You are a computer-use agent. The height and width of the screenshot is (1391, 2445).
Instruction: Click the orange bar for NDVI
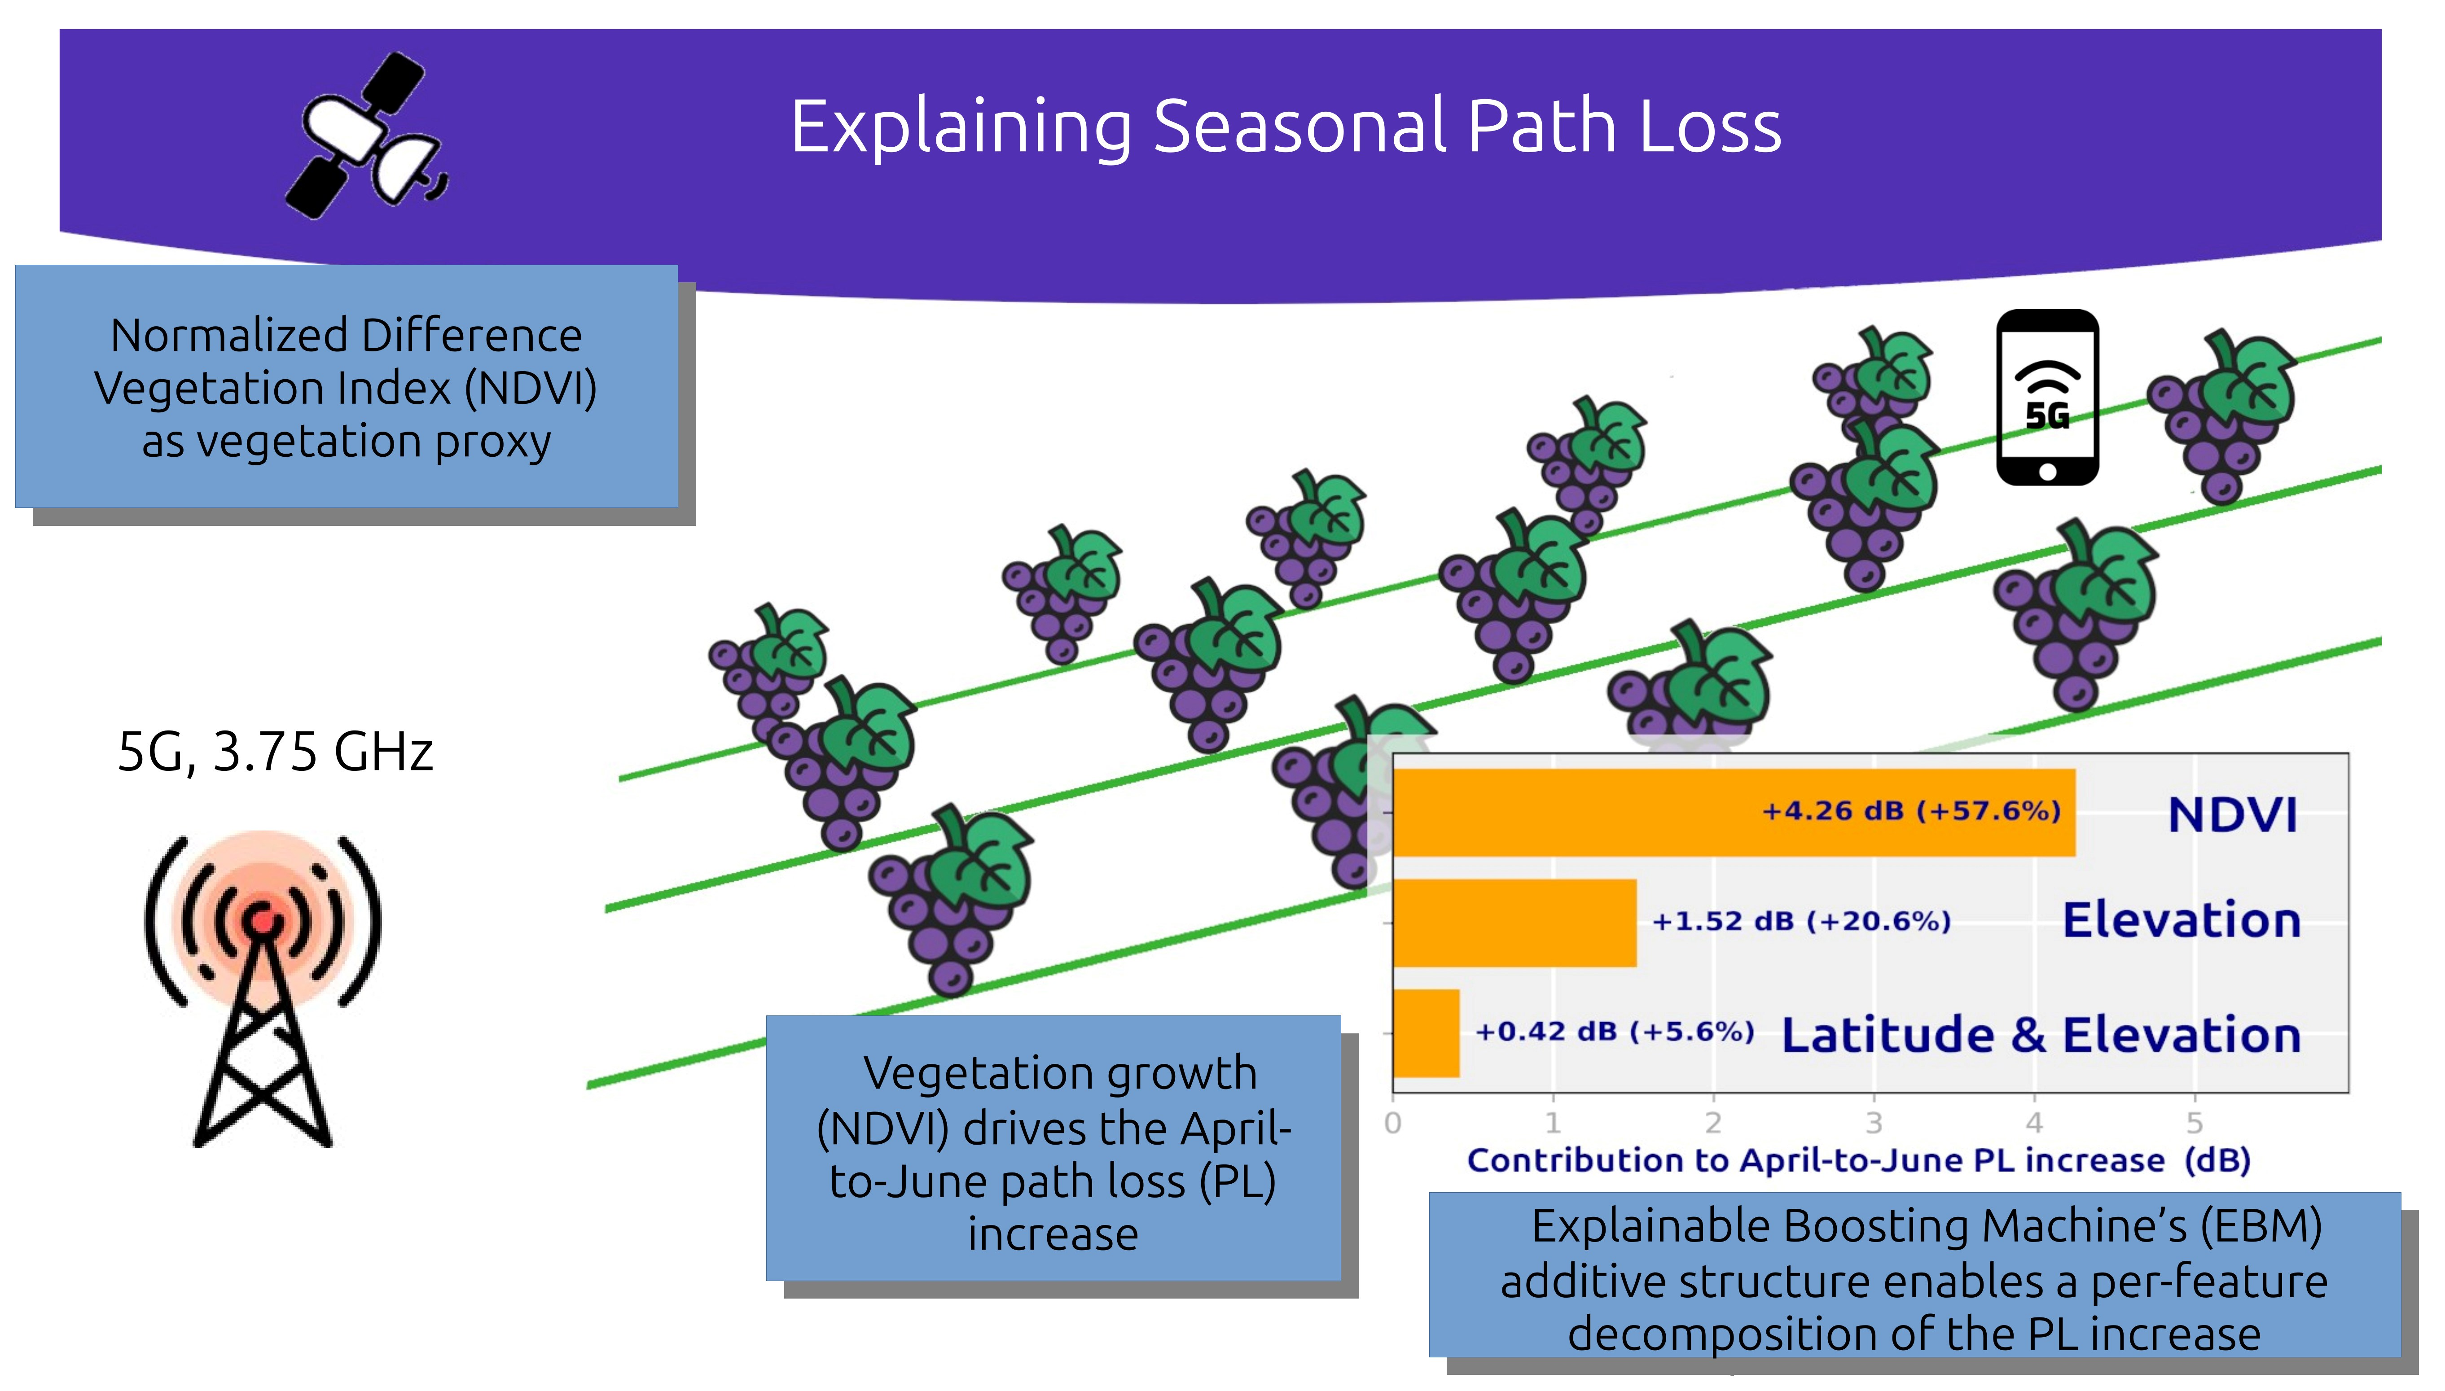pos(1734,812)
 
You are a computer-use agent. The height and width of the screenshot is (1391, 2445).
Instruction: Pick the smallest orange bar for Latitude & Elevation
pos(1427,1033)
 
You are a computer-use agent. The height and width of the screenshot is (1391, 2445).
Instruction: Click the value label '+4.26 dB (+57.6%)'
pos(1911,811)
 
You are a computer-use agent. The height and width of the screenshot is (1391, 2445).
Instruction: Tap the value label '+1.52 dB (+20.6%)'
pos(1801,921)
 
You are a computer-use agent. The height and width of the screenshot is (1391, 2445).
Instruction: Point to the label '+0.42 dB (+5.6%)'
pos(1615,1032)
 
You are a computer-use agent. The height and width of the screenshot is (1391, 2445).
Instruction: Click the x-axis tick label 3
pos(1874,1123)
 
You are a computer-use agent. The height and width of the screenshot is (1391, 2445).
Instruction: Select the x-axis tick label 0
pos(1393,1123)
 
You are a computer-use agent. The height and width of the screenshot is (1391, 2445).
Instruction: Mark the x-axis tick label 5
pos(2195,1123)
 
